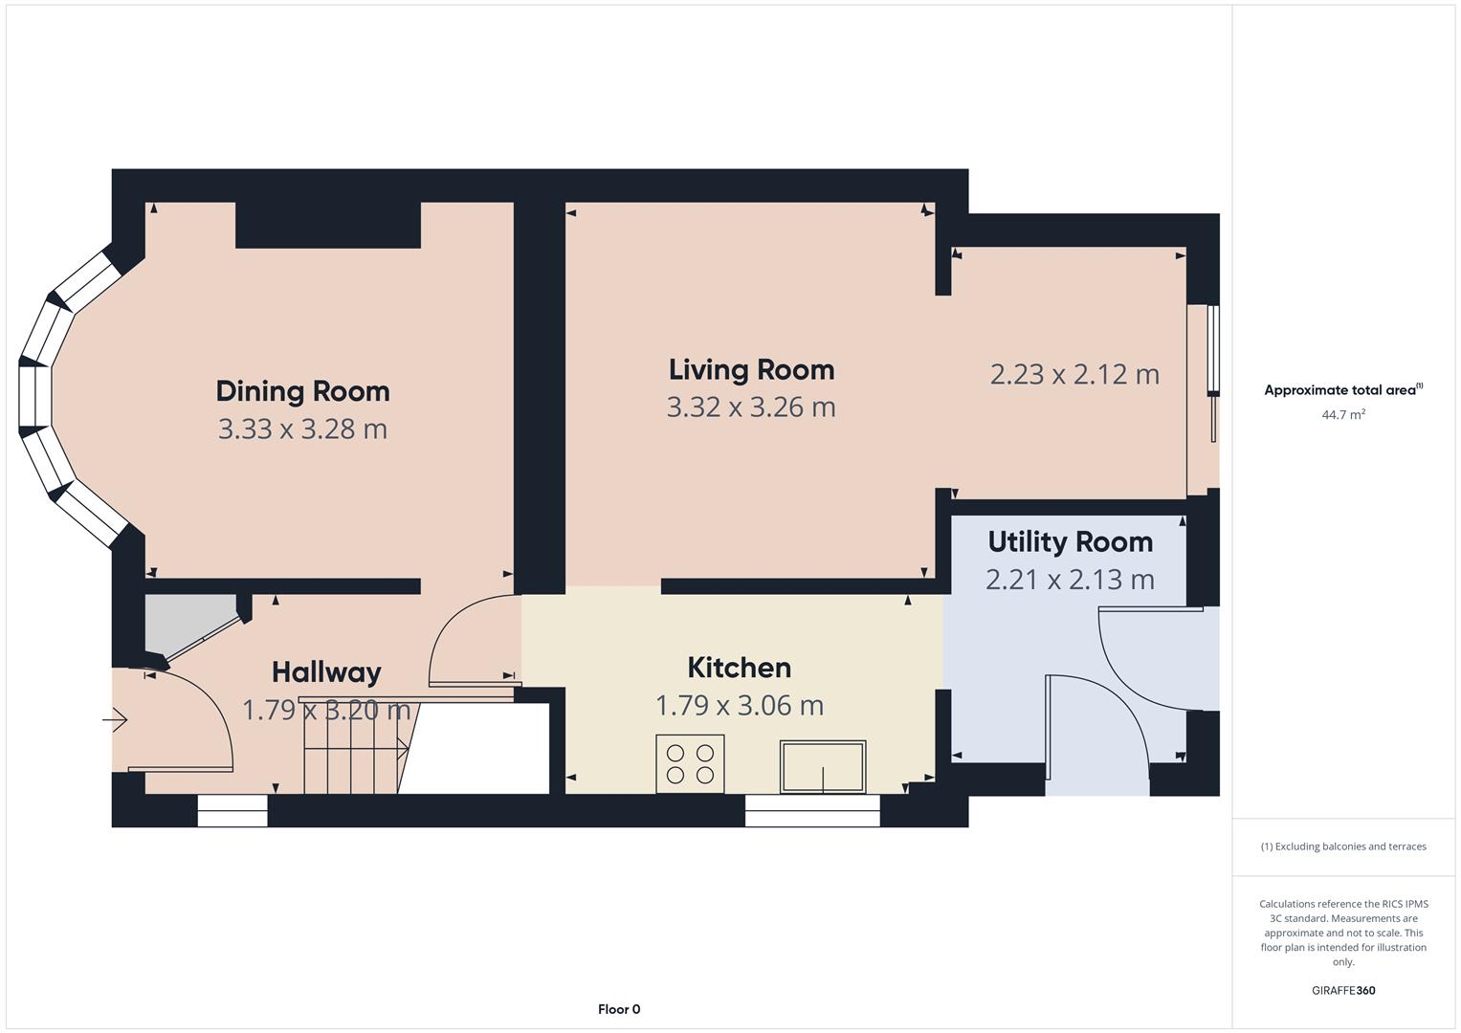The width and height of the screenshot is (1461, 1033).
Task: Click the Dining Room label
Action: point(302,391)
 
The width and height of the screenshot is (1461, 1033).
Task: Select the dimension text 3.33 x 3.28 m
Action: point(302,429)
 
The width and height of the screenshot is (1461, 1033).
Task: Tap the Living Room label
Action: point(751,369)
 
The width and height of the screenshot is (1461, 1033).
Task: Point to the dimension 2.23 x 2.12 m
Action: point(1074,374)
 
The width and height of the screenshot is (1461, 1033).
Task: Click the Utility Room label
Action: point(1070,541)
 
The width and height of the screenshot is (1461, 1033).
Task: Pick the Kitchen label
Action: point(739,668)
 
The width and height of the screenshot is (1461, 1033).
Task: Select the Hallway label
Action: point(326,672)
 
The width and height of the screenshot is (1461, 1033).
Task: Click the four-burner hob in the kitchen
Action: point(690,764)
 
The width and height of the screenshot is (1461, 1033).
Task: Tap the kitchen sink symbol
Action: point(823,767)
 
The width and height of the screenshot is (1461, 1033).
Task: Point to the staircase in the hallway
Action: point(354,746)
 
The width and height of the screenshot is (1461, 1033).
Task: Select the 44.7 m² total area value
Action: point(1342,414)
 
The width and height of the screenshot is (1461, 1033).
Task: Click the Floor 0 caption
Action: point(619,1009)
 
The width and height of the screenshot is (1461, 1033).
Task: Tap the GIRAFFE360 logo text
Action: point(1342,990)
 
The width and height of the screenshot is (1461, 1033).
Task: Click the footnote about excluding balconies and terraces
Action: point(1342,846)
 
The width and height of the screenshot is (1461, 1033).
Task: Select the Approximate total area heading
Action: point(1342,390)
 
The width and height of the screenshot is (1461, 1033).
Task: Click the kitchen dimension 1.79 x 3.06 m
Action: point(739,706)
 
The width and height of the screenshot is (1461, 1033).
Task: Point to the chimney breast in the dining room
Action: point(328,226)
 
